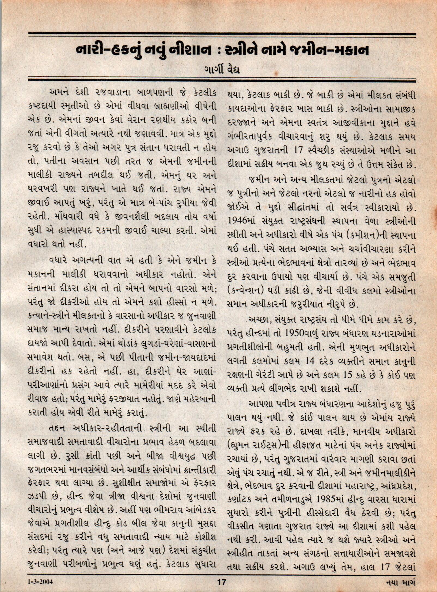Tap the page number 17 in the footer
pyautogui.click(x=221, y=580)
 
